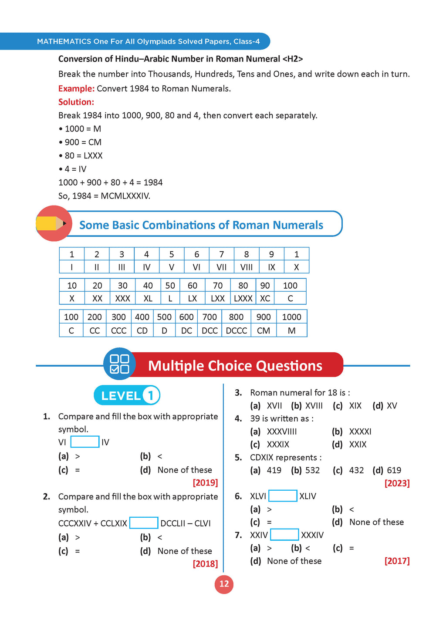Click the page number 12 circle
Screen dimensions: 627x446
[x=224, y=584]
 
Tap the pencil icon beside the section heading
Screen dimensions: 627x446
[x=53, y=223]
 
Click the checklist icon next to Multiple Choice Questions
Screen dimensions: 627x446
[x=119, y=364]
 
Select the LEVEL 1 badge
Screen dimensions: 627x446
[x=127, y=395]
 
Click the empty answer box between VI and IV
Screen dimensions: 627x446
[x=84, y=442]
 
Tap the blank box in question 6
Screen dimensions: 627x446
[x=283, y=496]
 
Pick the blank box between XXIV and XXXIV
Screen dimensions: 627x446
[x=284, y=535]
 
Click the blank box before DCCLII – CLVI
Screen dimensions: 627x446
[x=144, y=523]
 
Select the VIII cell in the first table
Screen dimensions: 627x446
[x=247, y=267]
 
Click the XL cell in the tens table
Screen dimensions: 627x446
[x=148, y=298]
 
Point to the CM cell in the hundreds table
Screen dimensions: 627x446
[x=263, y=330]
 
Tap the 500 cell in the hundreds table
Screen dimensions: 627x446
[x=164, y=317]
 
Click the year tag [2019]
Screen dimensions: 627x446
[x=205, y=482]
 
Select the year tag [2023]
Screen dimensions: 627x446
[x=397, y=483]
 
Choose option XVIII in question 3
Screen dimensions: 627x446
[x=314, y=406]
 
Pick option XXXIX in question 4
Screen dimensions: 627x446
[x=278, y=445]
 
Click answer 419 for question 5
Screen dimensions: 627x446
[x=274, y=470]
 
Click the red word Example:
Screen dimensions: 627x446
[x=76, y=88]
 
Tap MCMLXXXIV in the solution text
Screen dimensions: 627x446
[x=125, y=196]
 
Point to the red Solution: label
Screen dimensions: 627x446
[x=76, y=102]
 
